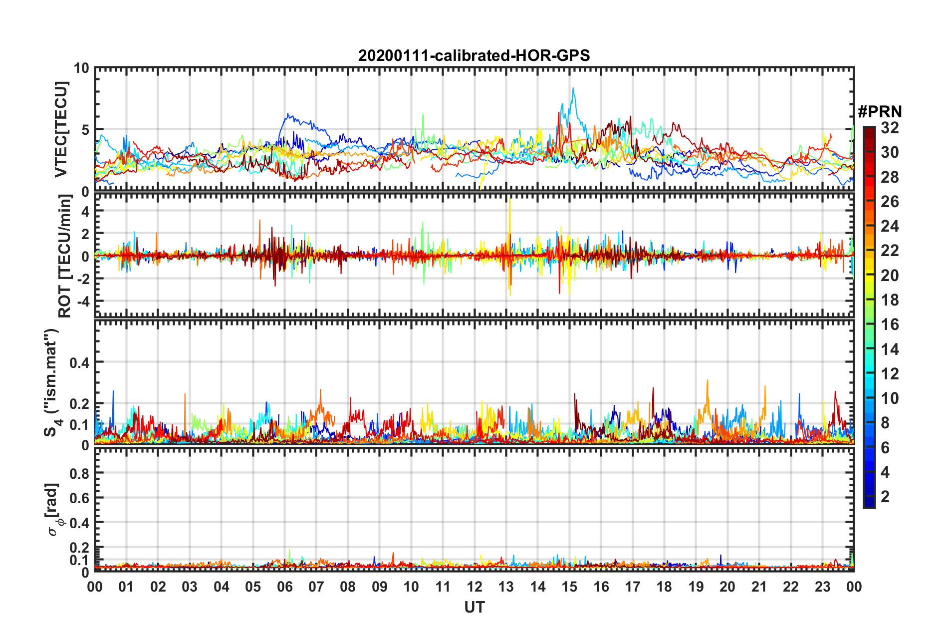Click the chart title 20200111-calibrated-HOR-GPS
474,55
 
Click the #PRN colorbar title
880,112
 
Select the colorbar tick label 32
890,128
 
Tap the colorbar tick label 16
890,324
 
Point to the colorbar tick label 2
885,496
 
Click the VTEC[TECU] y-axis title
61,129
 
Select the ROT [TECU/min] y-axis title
65,256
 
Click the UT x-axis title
474,607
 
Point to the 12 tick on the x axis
474,587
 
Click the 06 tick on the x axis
284,587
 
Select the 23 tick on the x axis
822,587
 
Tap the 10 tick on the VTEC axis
81,68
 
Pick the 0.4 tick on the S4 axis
79,362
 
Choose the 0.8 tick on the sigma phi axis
79,473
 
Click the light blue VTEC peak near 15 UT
573,89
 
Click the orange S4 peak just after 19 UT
707,381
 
